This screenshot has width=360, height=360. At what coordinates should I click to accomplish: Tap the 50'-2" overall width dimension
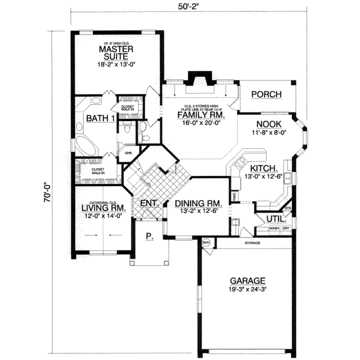[x=181, y=8]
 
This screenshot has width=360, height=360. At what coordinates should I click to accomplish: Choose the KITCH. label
[x=263, y=169]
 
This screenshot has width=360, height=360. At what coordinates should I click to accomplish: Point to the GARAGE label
[x=246, y=280]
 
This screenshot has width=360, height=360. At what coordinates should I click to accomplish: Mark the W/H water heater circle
[x=206, y=243]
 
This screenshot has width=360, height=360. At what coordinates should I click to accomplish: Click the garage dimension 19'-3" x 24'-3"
[x=246, y=288]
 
